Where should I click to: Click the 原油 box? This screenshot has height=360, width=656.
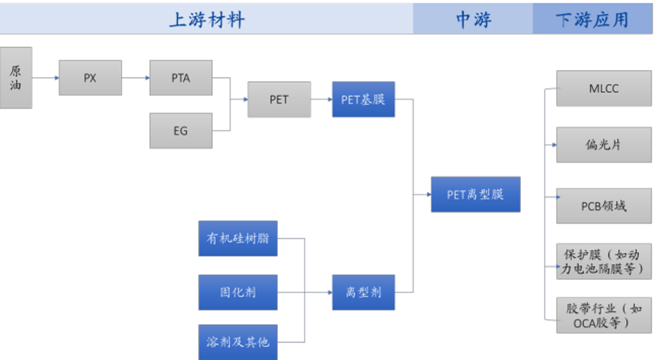[15, 77]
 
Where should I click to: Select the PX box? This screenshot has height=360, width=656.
[90, 78]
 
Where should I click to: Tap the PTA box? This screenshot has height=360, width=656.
[181, 78]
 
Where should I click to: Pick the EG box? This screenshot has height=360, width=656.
[181, 130]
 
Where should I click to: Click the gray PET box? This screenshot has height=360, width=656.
[279, 99]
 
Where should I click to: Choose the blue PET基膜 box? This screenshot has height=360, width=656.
[363, 99]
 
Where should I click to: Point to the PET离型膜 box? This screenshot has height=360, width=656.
[475, 194]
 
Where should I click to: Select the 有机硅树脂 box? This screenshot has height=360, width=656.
[237, 238]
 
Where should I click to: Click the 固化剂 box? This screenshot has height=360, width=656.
[237, 292]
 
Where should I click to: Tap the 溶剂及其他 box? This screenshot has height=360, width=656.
[237, 342]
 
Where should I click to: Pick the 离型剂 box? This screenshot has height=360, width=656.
[363, 292]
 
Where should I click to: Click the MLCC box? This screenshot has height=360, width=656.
[603, 88]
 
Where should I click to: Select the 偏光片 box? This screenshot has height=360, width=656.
[603, 145]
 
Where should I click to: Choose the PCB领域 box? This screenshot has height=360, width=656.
[603, 206]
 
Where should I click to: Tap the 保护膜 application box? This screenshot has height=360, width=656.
[603, 261]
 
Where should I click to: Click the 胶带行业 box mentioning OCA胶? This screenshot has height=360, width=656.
[603, 314]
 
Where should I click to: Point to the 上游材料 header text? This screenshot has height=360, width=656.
[207, 20]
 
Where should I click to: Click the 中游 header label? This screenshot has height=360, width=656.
[473, 20]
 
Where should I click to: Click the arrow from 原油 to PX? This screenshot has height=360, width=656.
[46, 78]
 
